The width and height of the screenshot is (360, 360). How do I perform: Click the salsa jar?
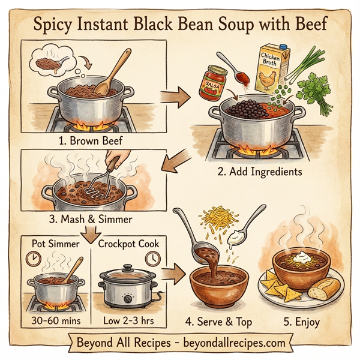point(214,82)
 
